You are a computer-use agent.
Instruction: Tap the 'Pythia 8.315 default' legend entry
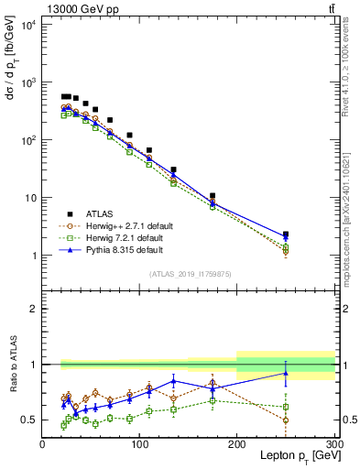pos(124,249)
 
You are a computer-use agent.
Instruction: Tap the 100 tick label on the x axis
pos(139,444)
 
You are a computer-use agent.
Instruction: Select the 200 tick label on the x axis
pos(236,444)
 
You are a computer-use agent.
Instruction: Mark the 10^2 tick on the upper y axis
pos(26,140)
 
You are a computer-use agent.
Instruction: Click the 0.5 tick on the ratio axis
pos(29,420)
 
